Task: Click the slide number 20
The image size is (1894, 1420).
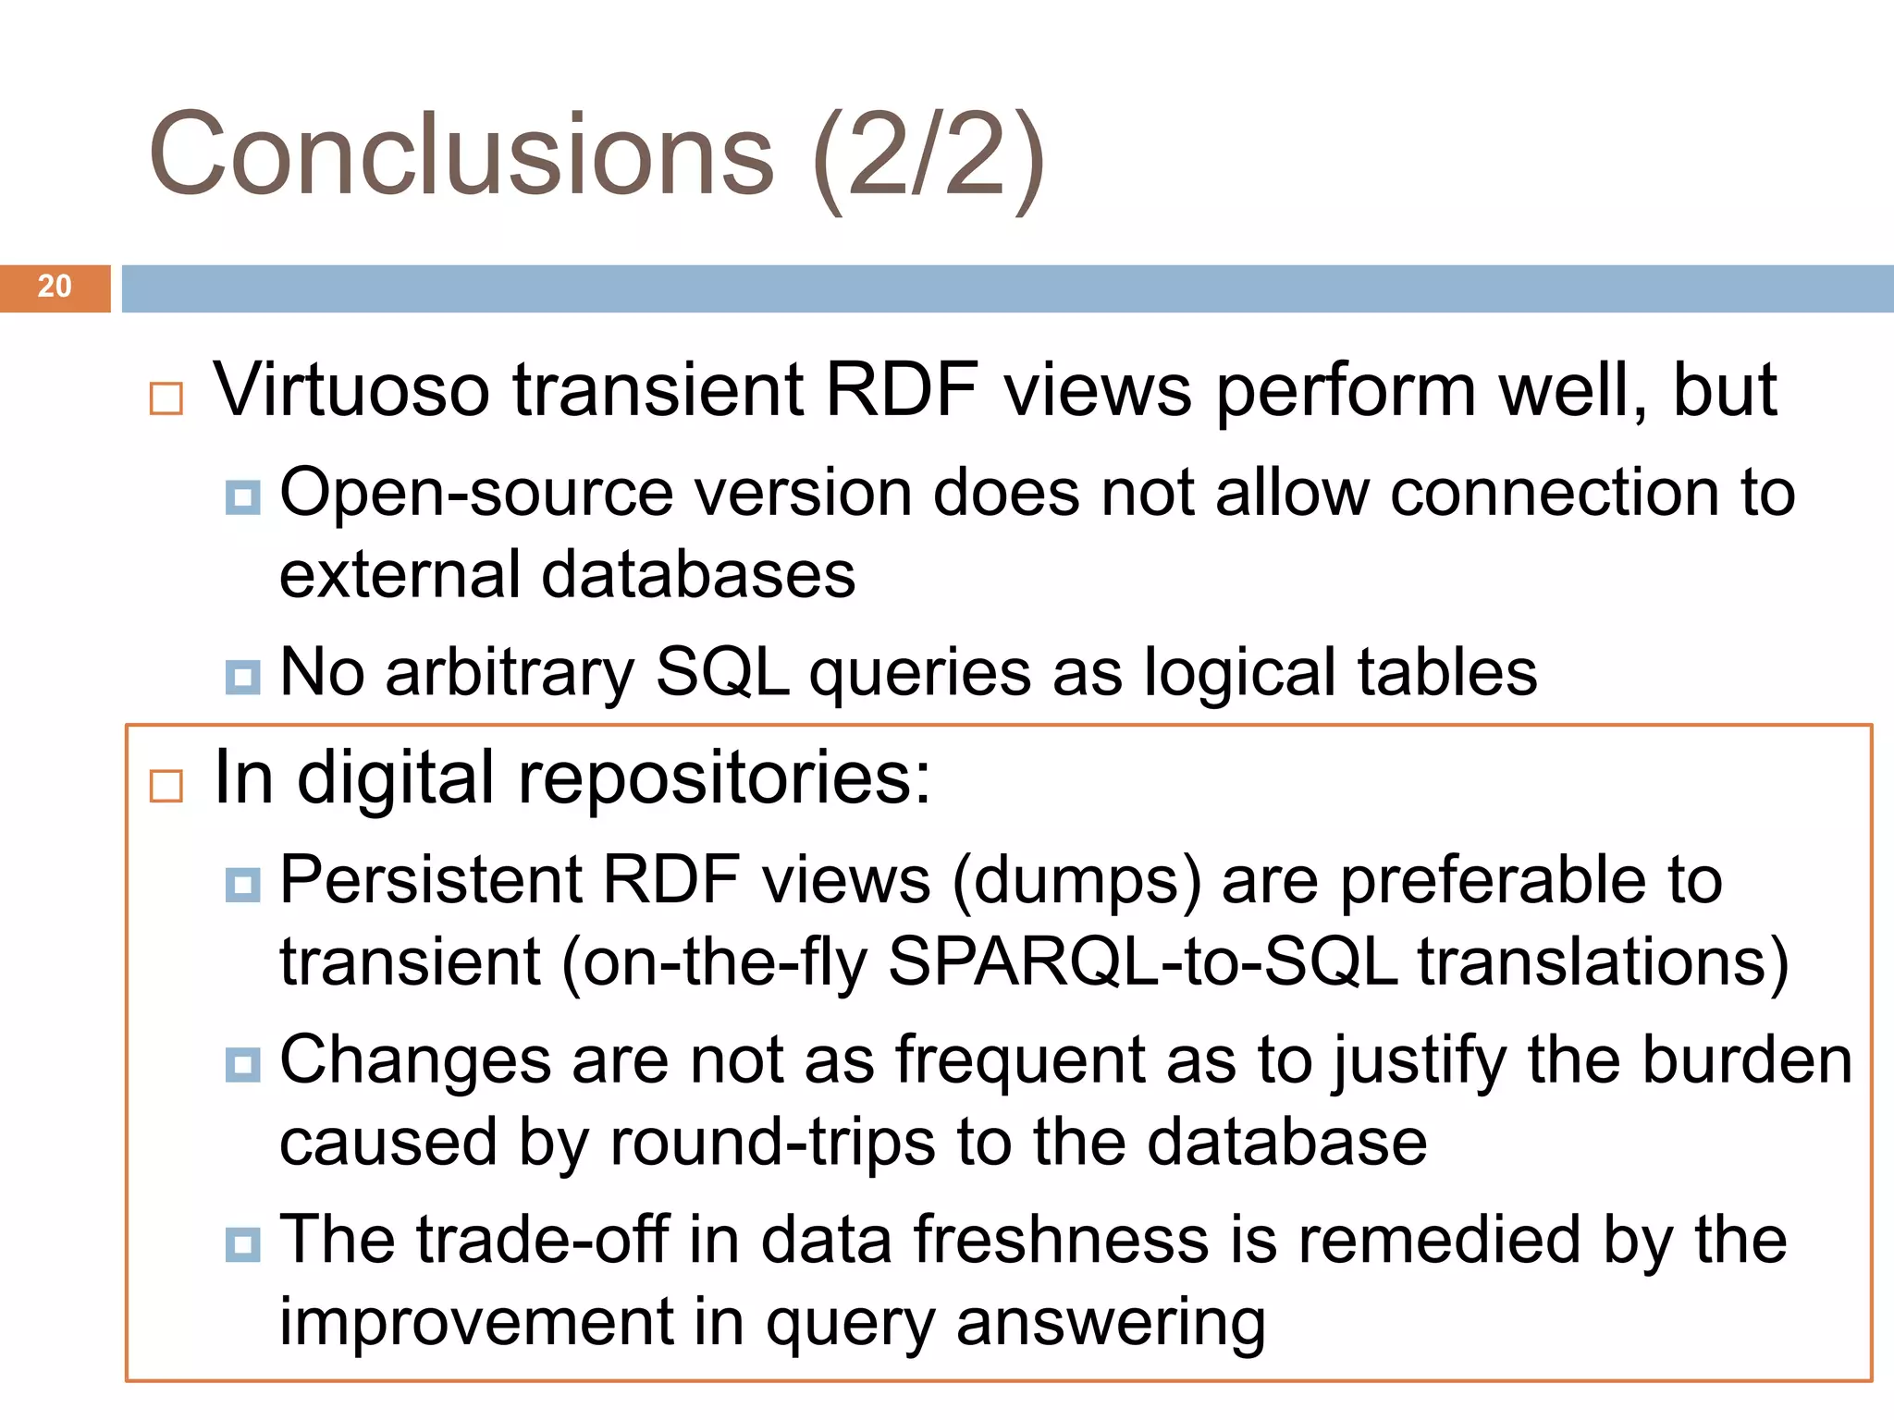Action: (x=55, y=287)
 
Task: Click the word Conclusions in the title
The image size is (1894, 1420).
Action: (x=461, y=155)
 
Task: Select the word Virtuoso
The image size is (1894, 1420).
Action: (x=351, y=390)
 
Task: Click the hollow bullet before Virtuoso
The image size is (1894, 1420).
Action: (x=166, y=399)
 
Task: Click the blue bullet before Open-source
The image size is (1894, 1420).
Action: (x=242, y=498)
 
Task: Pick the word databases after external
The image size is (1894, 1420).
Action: (x=698, y=575)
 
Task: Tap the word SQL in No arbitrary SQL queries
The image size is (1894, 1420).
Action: (x=721, y=672)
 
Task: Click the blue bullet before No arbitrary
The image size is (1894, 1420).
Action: (x=242, y=677)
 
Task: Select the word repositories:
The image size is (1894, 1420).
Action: (x=724, y=778)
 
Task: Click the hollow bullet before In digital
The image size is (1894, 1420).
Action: (x=166, y=787)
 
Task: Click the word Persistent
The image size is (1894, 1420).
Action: (x=431, y=879)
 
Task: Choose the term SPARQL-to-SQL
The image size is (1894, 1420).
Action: (x=1142, y=962)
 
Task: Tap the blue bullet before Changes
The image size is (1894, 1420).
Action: (x=242, y=1065)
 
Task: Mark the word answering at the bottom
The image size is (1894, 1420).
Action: (x=1110, y=1323)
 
